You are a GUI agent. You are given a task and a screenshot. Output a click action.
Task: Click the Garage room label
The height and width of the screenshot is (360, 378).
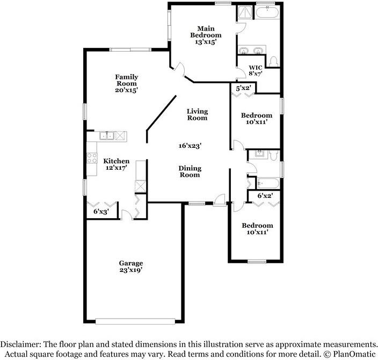coord(130,263)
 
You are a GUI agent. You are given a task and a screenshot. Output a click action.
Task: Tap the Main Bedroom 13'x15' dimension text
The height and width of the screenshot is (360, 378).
coord(206,42)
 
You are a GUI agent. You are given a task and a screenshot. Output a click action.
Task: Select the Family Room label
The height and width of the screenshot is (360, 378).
coord(127,80)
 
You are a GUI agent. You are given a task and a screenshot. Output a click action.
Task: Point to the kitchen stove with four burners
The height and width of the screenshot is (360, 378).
coord(92,158)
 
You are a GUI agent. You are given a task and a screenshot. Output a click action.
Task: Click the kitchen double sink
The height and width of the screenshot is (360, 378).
coord(107,135)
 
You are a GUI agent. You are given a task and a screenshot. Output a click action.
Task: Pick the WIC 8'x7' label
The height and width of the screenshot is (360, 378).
coord(255,70)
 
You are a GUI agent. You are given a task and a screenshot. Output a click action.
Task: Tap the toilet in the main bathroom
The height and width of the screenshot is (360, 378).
coord(274,61)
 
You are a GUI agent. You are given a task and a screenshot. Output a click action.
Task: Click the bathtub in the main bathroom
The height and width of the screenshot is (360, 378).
coord(267,12)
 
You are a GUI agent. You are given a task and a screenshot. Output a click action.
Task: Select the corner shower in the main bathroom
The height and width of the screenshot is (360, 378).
coord(245,12)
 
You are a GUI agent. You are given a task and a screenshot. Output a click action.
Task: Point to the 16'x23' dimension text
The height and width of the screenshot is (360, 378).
coord(190,146)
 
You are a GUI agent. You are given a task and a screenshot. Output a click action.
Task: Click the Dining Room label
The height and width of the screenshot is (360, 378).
coord(190,171)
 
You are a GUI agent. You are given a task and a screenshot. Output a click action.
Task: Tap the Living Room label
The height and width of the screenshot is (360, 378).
coord(197,114)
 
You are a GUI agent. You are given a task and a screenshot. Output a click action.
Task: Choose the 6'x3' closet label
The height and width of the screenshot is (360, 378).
coord(101,212)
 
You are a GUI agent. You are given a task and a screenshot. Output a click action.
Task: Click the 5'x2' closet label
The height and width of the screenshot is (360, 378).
coord(243,88)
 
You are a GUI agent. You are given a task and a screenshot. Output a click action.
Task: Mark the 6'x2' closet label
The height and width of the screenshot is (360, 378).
coord(265,196)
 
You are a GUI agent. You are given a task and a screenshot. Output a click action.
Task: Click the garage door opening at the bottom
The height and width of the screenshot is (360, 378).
coord(135,321)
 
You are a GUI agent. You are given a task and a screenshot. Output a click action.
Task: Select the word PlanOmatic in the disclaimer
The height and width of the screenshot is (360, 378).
coord(354,354)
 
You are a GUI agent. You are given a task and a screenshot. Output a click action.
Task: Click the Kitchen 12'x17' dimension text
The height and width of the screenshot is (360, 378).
coord(116,168)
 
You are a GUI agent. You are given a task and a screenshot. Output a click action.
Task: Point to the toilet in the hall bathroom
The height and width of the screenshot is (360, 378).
coord(274,155)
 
